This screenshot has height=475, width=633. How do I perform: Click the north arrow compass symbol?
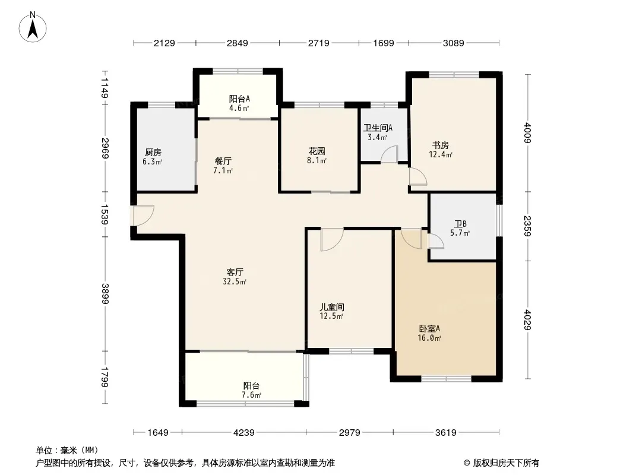coord(33,27)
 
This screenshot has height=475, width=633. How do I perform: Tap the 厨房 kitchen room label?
coord(153,157)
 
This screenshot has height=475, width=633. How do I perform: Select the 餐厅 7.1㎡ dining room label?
coord(223,166)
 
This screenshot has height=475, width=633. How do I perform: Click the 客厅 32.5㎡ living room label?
coord(235,277)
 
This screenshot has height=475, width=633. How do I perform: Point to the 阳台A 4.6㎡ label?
coord(239,103)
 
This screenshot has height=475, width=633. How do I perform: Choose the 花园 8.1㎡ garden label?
coord(316,156)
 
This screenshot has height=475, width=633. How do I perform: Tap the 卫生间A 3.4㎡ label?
coord(378,132)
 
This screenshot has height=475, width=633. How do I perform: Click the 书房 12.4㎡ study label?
coord(441,149)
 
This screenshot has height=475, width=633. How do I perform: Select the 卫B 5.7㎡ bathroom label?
coord(460,228)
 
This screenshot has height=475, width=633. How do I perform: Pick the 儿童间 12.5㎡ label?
coord(332,311)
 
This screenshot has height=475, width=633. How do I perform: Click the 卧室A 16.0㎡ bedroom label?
coord(429,333)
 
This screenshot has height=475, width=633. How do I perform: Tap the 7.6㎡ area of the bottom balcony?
coord(252,395)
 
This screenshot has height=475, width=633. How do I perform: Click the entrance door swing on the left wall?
coord(143,216)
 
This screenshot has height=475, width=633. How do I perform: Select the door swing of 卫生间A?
coord(389,154)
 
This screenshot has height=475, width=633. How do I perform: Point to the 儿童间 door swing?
coord(332,239)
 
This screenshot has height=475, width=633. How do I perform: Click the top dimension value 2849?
coord(238,43)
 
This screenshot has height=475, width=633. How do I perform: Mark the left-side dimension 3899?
coord(105,294)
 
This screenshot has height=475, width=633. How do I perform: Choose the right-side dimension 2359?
coord(528,226)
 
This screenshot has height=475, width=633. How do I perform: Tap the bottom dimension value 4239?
coord(244,433)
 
